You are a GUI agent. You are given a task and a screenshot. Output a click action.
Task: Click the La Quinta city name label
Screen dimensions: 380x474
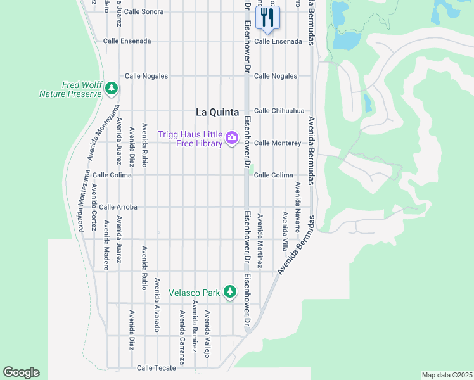217,112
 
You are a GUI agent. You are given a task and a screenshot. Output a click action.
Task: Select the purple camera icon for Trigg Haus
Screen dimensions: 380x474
232,137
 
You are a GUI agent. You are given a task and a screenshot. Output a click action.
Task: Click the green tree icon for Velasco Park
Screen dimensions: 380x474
229,292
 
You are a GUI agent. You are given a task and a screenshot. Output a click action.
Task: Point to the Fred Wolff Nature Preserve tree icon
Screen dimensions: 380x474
112,89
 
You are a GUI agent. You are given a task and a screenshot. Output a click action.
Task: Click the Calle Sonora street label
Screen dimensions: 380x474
143,11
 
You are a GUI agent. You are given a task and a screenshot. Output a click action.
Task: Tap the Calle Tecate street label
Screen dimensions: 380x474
155,367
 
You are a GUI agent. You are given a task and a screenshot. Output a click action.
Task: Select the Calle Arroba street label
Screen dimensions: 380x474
118,206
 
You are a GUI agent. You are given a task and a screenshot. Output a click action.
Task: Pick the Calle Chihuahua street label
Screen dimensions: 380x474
279,110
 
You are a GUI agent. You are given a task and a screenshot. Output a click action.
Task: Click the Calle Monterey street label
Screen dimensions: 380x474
278,142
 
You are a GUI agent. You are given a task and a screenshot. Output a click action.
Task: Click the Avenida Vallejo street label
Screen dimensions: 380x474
207,333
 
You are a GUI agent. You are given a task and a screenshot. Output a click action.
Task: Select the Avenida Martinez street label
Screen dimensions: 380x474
260,239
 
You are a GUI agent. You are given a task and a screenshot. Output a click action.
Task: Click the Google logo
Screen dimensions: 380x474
21,372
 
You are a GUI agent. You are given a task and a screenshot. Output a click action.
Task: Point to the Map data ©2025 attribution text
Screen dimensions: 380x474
447,374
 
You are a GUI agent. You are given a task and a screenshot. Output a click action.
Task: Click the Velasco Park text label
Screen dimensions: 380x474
194,293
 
